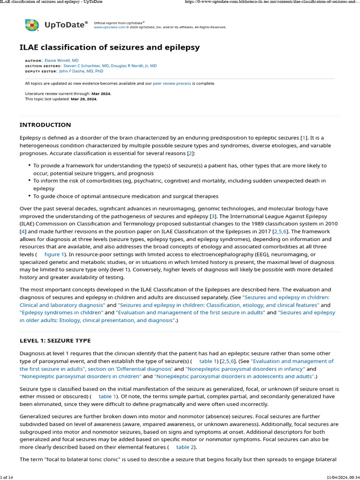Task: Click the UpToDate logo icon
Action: (x=32, y=25)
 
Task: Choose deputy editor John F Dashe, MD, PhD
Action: (x=81, y=71)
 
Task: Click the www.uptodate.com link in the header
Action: (x=110, y=27)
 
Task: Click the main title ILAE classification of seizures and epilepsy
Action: (x=109, y=47)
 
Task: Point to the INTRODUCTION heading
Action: (x=45, y=125)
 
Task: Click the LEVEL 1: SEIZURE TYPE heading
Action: (x=55, y=340)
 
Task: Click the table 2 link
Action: (x=182, y=447)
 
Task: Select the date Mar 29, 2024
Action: (x=84, y=99)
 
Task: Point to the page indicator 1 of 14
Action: (x=7, y=477)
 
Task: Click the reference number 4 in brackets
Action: (x=22, y=231)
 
